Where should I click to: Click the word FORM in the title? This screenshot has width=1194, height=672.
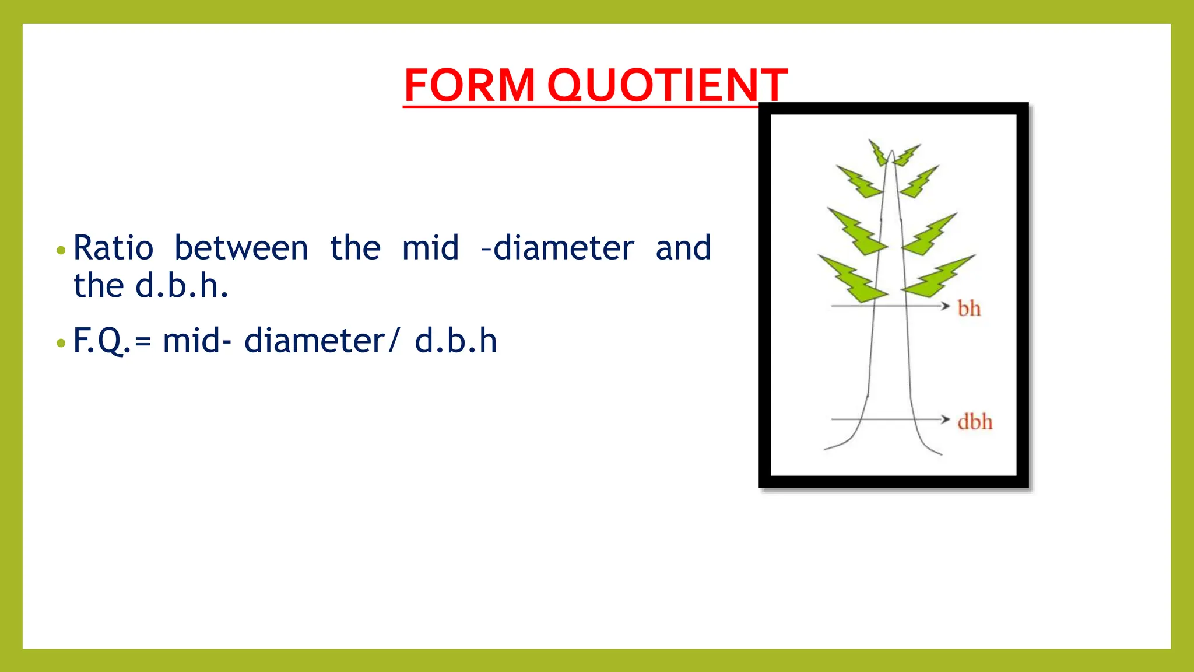coord(469,85)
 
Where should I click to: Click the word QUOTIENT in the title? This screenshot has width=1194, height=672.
coord(667,85)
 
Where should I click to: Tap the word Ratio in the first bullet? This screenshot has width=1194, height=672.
coord(113,248)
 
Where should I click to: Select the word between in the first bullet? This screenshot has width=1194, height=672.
coord(241,248)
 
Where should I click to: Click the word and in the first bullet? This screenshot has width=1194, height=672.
coord(683,248)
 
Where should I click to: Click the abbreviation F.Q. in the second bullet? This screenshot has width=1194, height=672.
coord(101,341)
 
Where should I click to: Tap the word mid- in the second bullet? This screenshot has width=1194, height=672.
coord(197,341)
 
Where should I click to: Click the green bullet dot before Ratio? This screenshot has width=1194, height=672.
coord(61,251)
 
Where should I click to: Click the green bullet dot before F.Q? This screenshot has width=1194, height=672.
coord(61,343)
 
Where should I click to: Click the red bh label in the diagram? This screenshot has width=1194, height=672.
coord(969,309)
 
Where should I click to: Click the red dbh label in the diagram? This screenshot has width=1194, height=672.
coord(974,422)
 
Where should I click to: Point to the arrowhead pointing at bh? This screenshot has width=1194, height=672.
coord(945,306)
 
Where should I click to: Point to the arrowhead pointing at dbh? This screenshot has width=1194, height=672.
coord(945,419)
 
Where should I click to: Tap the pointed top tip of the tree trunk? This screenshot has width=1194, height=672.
coord(891,152)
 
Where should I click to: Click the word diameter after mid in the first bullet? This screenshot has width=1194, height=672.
coord(563,248)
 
